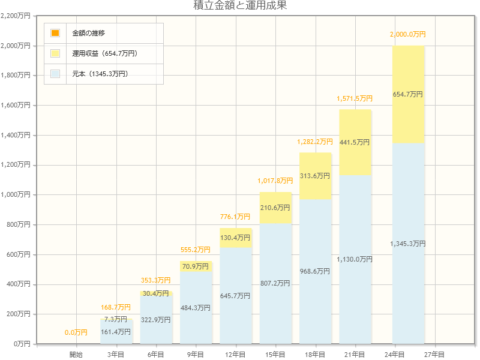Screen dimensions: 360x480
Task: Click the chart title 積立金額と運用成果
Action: point(240,6)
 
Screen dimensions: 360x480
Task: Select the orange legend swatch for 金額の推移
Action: point(55,33)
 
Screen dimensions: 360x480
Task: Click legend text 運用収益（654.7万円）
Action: point(105,53)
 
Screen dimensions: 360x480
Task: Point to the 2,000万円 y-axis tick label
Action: point(16,46)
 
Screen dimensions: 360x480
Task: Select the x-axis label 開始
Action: point(76,355)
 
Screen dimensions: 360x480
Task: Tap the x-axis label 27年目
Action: point(434,355)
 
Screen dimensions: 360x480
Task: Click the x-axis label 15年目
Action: point(275,355)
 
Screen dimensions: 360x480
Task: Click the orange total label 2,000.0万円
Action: point(408,35)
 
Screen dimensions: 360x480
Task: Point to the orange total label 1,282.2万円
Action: point(315,142)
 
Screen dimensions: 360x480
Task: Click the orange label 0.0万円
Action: point(76,332)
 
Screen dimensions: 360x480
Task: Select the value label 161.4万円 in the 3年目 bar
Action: point(116,332)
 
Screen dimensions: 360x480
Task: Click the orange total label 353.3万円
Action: point(155,280)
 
